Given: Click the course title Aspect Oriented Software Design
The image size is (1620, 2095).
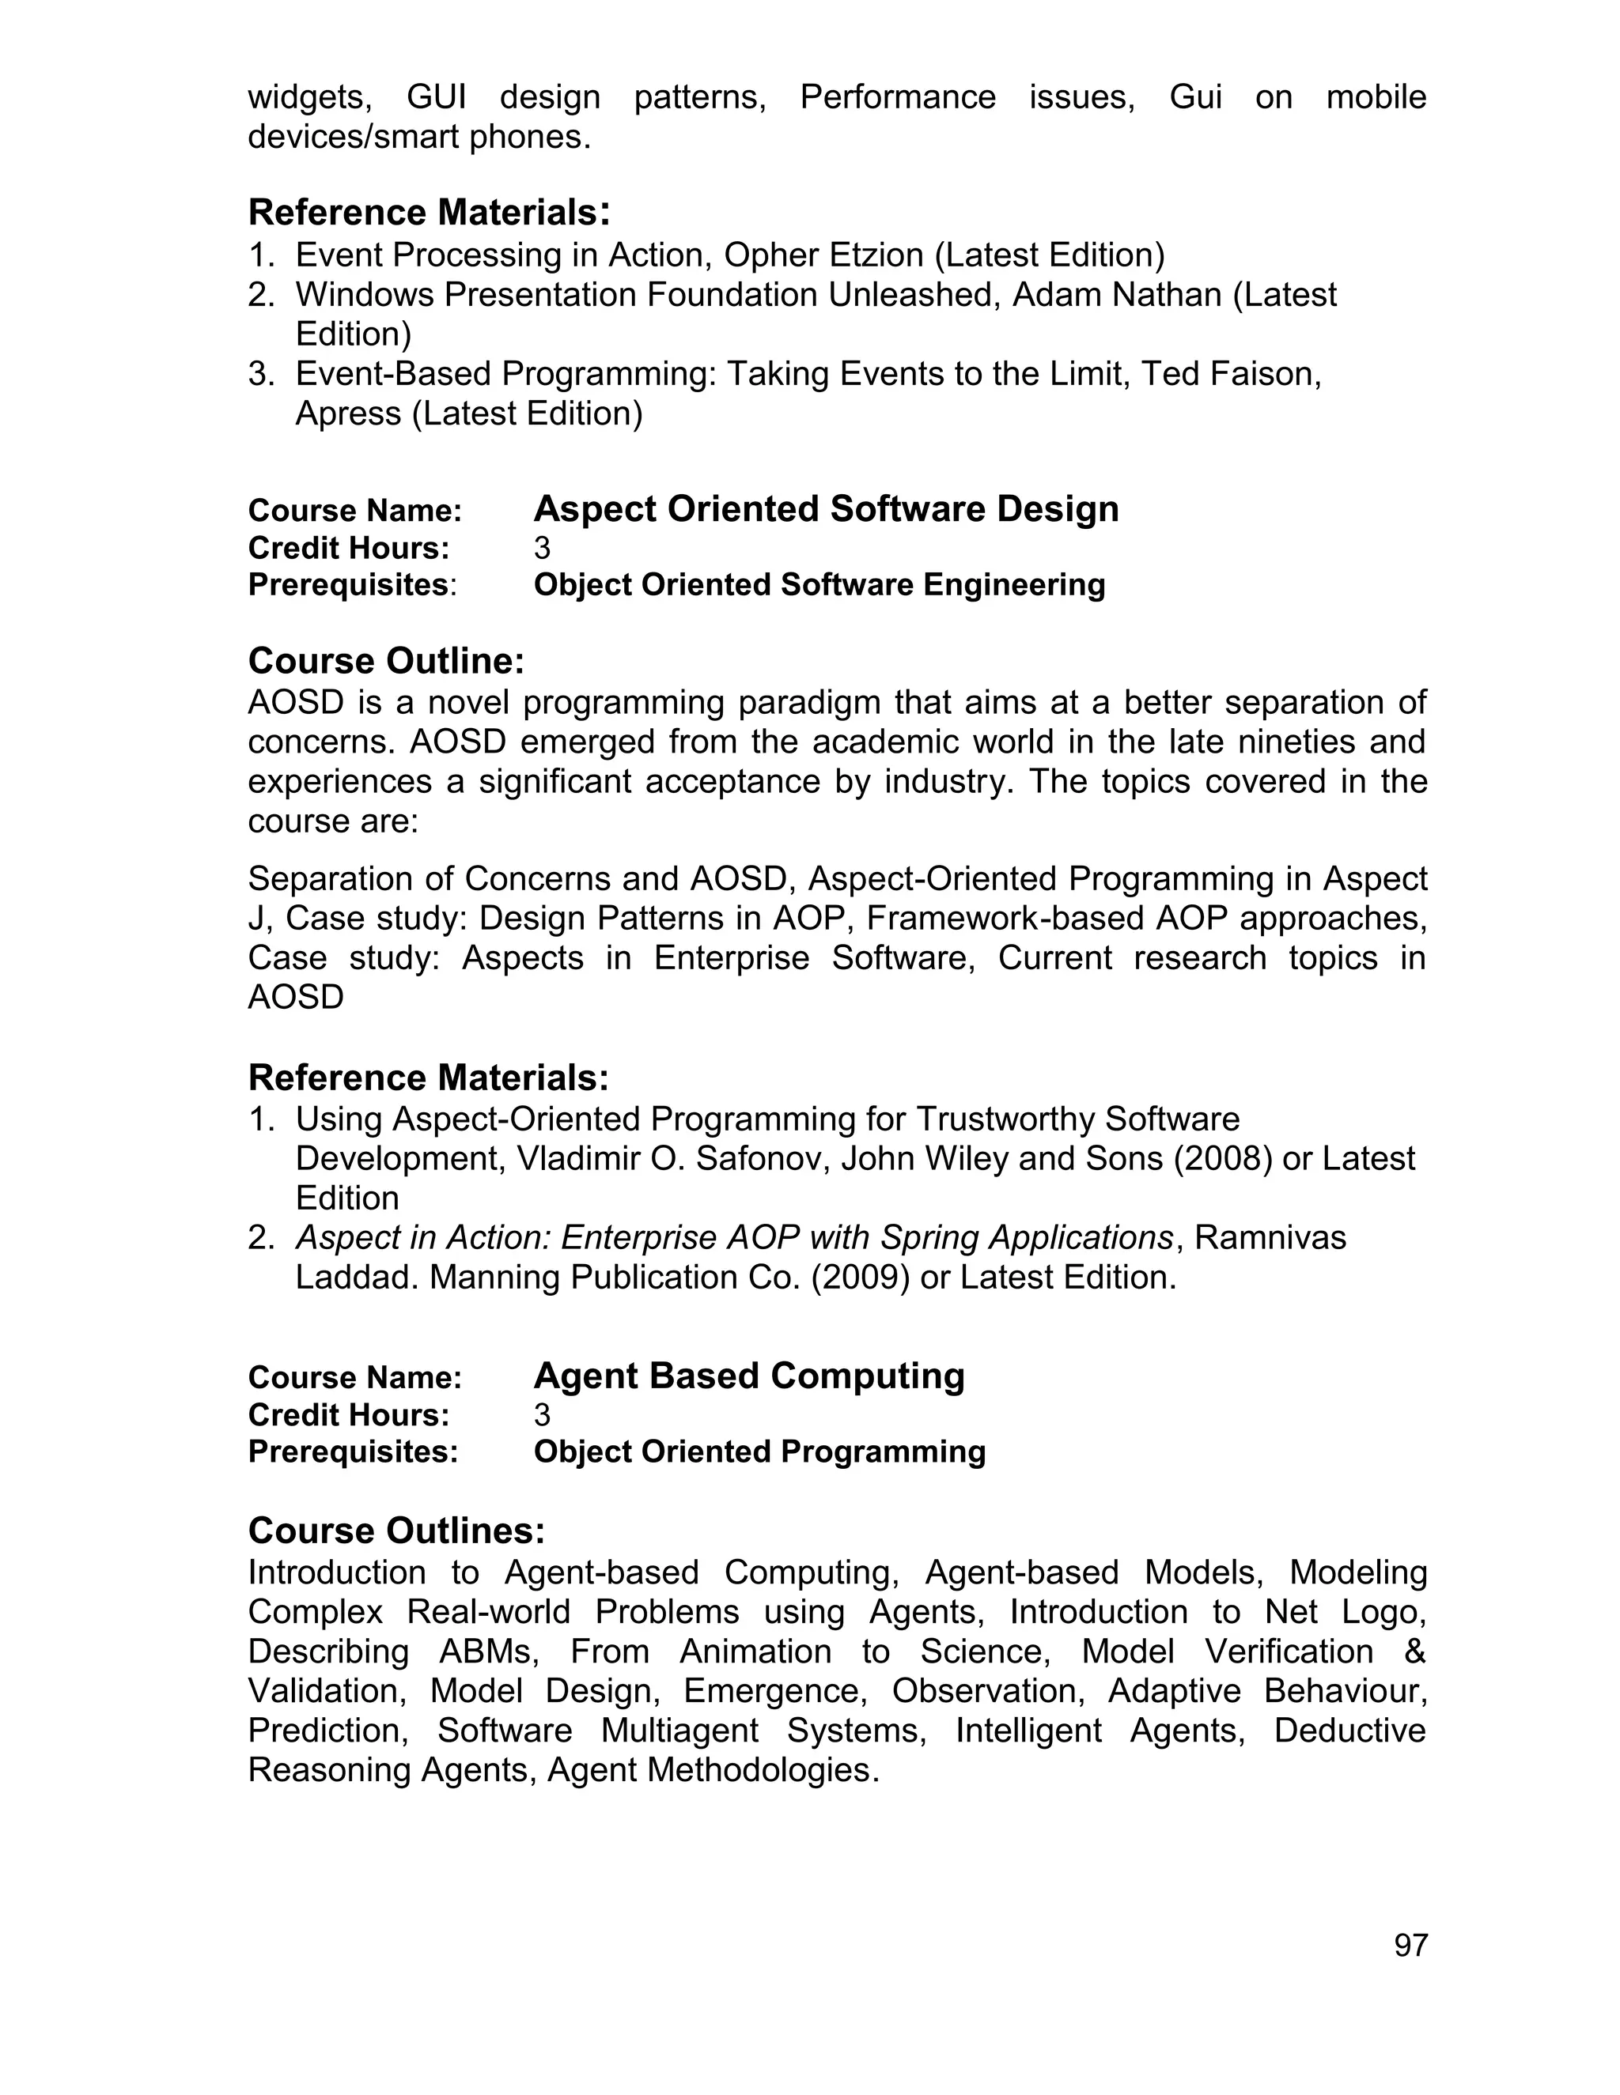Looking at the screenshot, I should click(x=825, y=509).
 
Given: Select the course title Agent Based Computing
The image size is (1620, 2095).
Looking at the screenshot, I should click(x=748, y=1376).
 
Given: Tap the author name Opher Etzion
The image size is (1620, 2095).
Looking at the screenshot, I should click(x=823, y=255).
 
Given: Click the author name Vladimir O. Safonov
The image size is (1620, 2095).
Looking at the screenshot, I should click(x=674, y=1160).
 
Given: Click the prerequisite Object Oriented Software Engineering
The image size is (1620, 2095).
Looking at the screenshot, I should click(x=819, y=585).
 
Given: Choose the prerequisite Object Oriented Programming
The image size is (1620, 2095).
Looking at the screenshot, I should click(x=759, y=1452).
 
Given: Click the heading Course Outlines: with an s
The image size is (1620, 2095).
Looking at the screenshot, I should click(x=396, y=1531).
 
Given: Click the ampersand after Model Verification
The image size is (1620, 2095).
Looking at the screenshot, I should click(x=1414, y=1651).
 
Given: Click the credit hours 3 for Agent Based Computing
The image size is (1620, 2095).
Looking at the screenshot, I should click(x=542, y=1415).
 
